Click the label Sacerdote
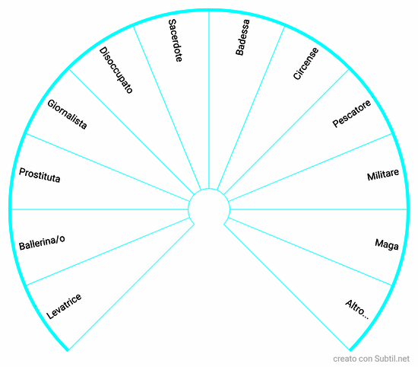(x=175, y=40)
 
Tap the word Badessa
(x=242, y=37)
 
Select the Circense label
(x=306, y=63)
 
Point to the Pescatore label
(x=351, y=113)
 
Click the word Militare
(x=383, y=174)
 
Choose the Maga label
(x=387, y=244)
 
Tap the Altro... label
(x=357, y=310)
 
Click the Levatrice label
(x=64, y=306)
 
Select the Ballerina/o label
(x=42, y=243)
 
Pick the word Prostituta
(x=40, y=175)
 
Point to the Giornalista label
(x=67, y=114)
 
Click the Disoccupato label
(x=116, y=70)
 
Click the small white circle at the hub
(x=209, y=209)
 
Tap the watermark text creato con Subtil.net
(x=371, y=359)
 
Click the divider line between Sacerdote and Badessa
(x=209, y=100)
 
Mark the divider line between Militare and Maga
(x=318, y=209)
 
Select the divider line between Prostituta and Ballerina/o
(x=100, y=209)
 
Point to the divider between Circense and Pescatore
(x=287, y=132)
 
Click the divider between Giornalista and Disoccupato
(x=131, y=132)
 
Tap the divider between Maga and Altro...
(x=310, y=251)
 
